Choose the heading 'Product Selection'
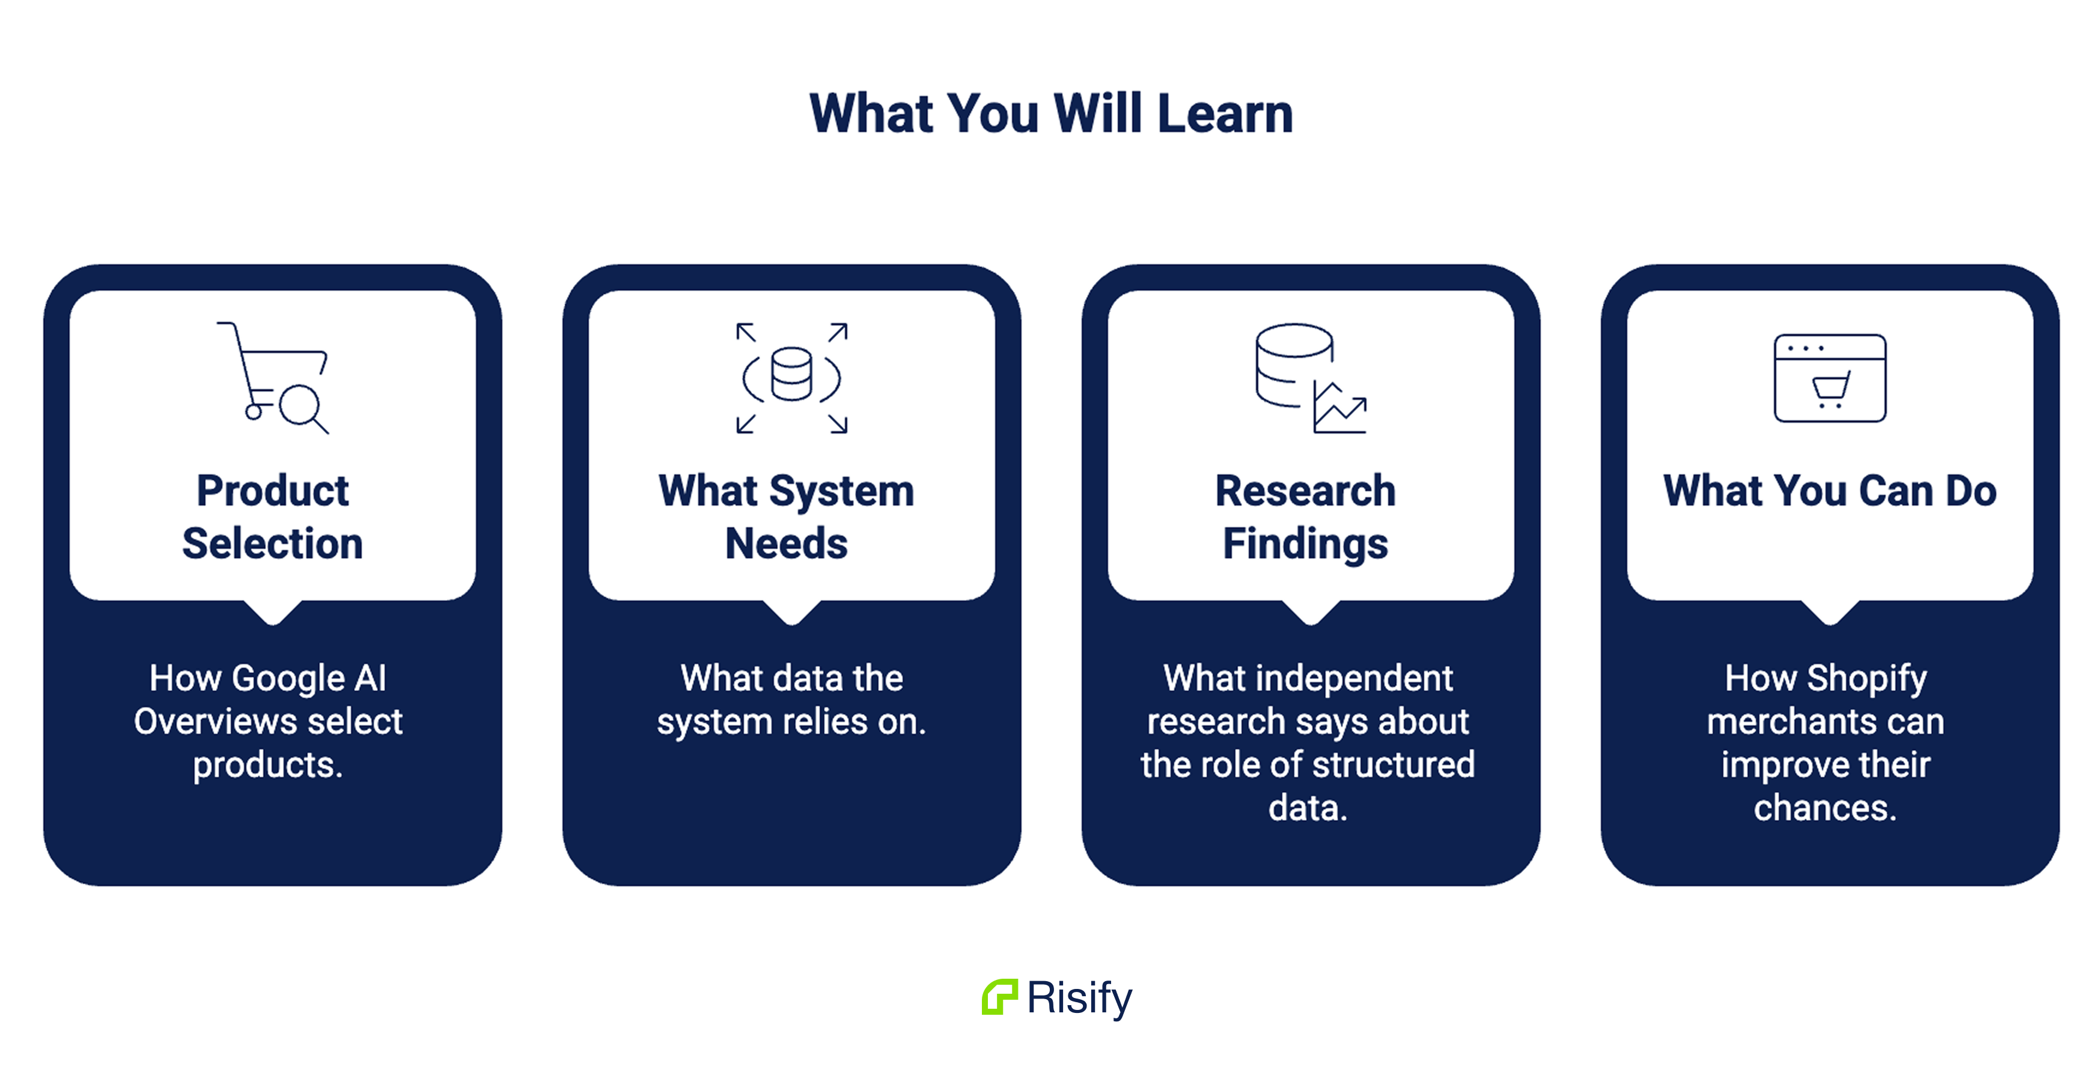(x=273, y=516)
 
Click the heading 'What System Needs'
(x=787, y=516)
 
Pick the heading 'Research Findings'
(x=1305, y=516)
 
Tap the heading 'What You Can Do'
(x=1830, y=491)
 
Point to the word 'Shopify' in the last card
(x=1868, y=679)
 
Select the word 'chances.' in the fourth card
(x=1825, y=807)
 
